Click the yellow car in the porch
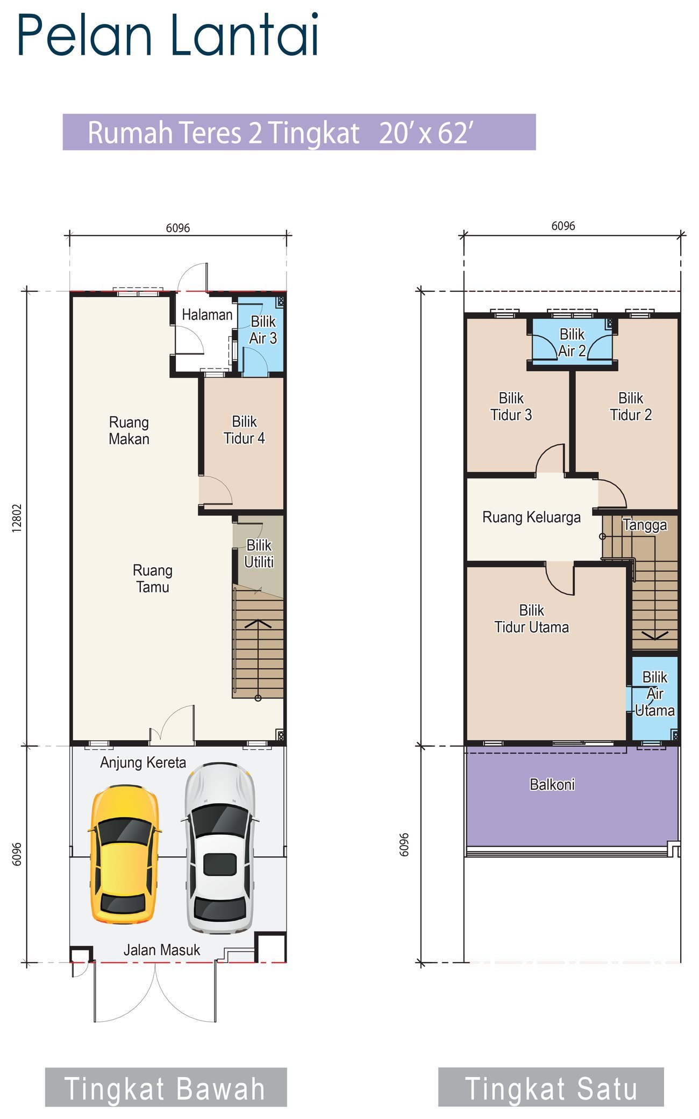(124, 855)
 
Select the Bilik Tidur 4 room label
(244, 430)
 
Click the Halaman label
(207, 315)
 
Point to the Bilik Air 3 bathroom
(261, 335)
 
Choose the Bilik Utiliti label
(259, 553)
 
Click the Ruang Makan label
(129, 430)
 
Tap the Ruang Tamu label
(153, 578)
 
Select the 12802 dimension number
(17, 518)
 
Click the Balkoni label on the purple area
(552, 785)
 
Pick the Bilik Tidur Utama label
(532, 619)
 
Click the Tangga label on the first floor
(645, 525)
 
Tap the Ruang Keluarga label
(531, 517)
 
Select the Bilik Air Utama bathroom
(654, 698)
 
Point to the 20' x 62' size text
(426, 133)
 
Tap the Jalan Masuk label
(162, 950)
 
